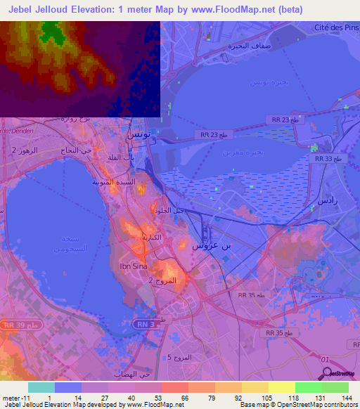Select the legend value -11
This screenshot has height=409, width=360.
12,398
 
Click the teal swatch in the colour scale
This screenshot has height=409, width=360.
41,387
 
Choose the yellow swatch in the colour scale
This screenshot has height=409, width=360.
282,387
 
